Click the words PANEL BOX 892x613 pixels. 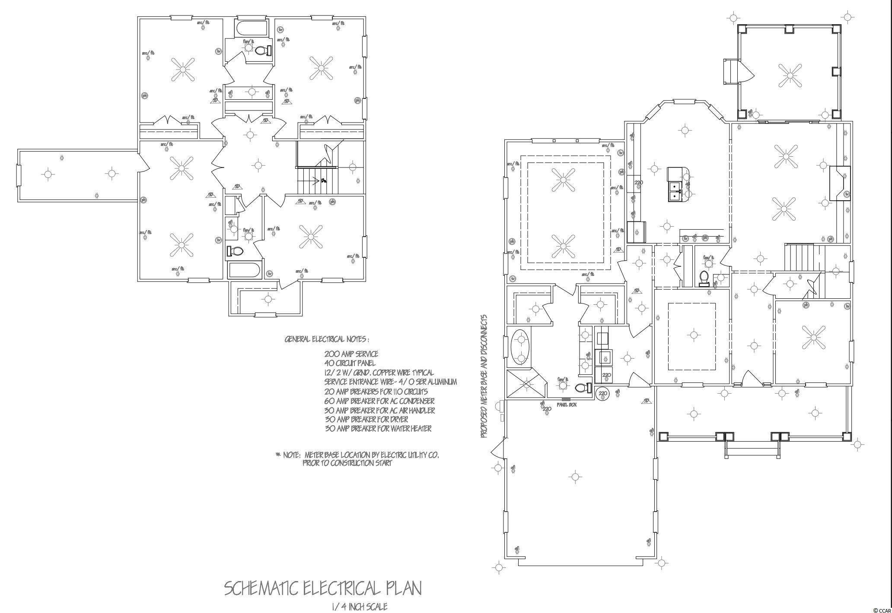(567, 404)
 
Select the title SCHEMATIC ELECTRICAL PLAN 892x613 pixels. (322, 588)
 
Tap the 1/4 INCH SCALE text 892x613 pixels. (359, 607)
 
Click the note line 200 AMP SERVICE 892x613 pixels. (351, 354)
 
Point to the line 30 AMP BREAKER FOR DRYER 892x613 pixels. (366, 419)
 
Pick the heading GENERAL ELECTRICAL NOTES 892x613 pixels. (327, 339)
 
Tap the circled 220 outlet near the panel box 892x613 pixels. (602, 394)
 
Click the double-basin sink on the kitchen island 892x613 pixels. (674, 191)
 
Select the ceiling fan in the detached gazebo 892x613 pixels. (790, 76)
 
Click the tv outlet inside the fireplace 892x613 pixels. (847, 194)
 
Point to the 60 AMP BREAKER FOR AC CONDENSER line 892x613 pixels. (379, 401)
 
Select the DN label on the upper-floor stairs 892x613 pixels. (323, 180)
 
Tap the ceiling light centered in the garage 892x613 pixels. (575, 477)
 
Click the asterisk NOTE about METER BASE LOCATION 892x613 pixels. (357, 459)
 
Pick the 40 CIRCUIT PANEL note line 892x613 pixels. (350, 363)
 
